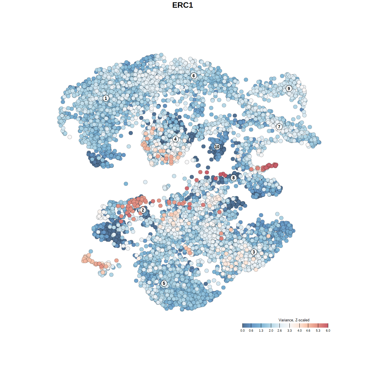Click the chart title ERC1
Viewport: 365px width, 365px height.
[182, 5]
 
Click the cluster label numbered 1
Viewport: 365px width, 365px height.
[106, 98]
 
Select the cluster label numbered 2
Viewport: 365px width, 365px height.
[143, 210]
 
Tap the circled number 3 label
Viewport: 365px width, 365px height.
[254, 252]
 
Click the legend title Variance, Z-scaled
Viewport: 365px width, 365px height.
[294, 320]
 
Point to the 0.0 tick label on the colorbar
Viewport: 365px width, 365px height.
[242, 331]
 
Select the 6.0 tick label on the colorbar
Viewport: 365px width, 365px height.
[328, 331]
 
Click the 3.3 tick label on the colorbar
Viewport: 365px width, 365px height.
[289, 331]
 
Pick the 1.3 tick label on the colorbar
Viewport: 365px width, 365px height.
[261, 331]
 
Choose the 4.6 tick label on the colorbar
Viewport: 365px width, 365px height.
[308, 331]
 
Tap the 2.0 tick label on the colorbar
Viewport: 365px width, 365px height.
[271, 331]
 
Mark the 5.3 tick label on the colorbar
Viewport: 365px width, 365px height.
[318, 331]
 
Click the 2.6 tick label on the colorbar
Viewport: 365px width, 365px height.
[279, 331]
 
